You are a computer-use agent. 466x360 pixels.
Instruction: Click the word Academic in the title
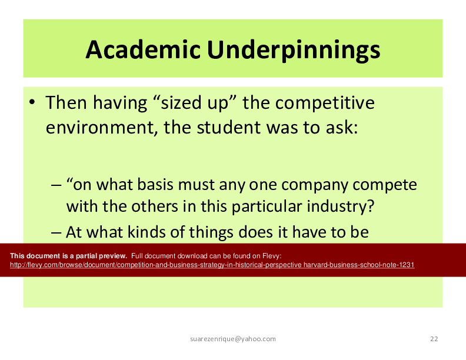[x=143, y=49]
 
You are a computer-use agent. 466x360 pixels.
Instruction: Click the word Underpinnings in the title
[x=294, y=51]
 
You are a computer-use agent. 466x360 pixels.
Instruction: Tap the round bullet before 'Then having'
[x=32, y=102]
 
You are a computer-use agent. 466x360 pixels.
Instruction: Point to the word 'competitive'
[x=325, y=104]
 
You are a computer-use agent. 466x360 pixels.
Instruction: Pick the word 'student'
[x=229, y=127]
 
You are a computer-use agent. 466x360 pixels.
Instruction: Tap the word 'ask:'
[x=342, y=127]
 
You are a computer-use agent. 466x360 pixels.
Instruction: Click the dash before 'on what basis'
[x=56, y=185]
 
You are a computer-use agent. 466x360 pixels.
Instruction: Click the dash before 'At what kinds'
[x=56, y=232]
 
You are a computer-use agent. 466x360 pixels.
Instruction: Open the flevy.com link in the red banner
[x=212, y=265]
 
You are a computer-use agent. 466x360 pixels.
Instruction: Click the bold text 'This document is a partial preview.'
[x=69, y=256]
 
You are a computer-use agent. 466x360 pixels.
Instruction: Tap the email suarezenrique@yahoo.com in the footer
[x=233, y=339]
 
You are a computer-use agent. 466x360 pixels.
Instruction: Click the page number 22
[x=434, y=339]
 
